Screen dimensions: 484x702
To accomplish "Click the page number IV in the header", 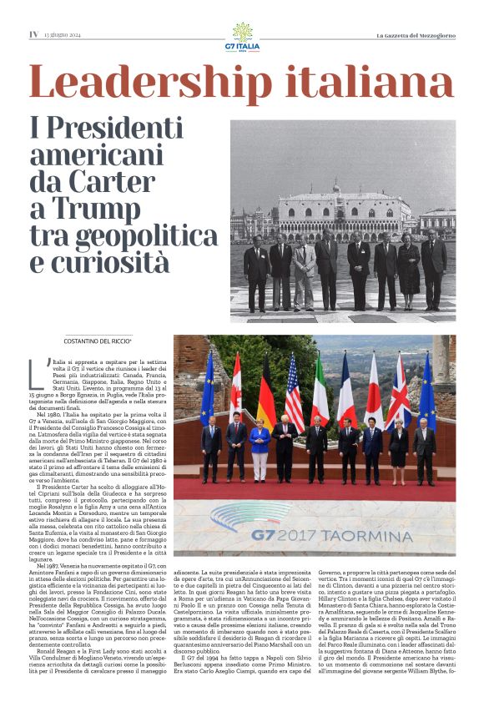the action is pyautogui.click(x=33, y=34).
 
